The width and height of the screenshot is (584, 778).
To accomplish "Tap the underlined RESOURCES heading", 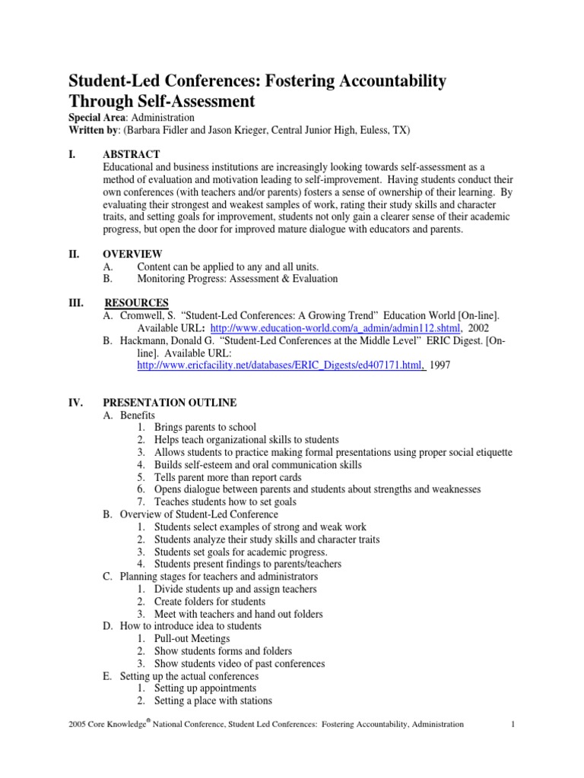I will [136, 302].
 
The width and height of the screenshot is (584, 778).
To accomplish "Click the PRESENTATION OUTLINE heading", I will [170, 402].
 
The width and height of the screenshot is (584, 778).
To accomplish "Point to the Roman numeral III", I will [77, 302].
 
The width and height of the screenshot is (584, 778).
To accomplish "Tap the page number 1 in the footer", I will [515, 724].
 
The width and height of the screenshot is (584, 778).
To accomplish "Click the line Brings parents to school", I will [205, 427].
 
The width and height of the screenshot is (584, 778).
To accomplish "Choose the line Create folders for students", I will [209, 601].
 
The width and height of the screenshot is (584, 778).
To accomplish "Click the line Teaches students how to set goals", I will [225, 501].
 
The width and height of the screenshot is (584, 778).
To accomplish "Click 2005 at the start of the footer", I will [78, 725].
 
